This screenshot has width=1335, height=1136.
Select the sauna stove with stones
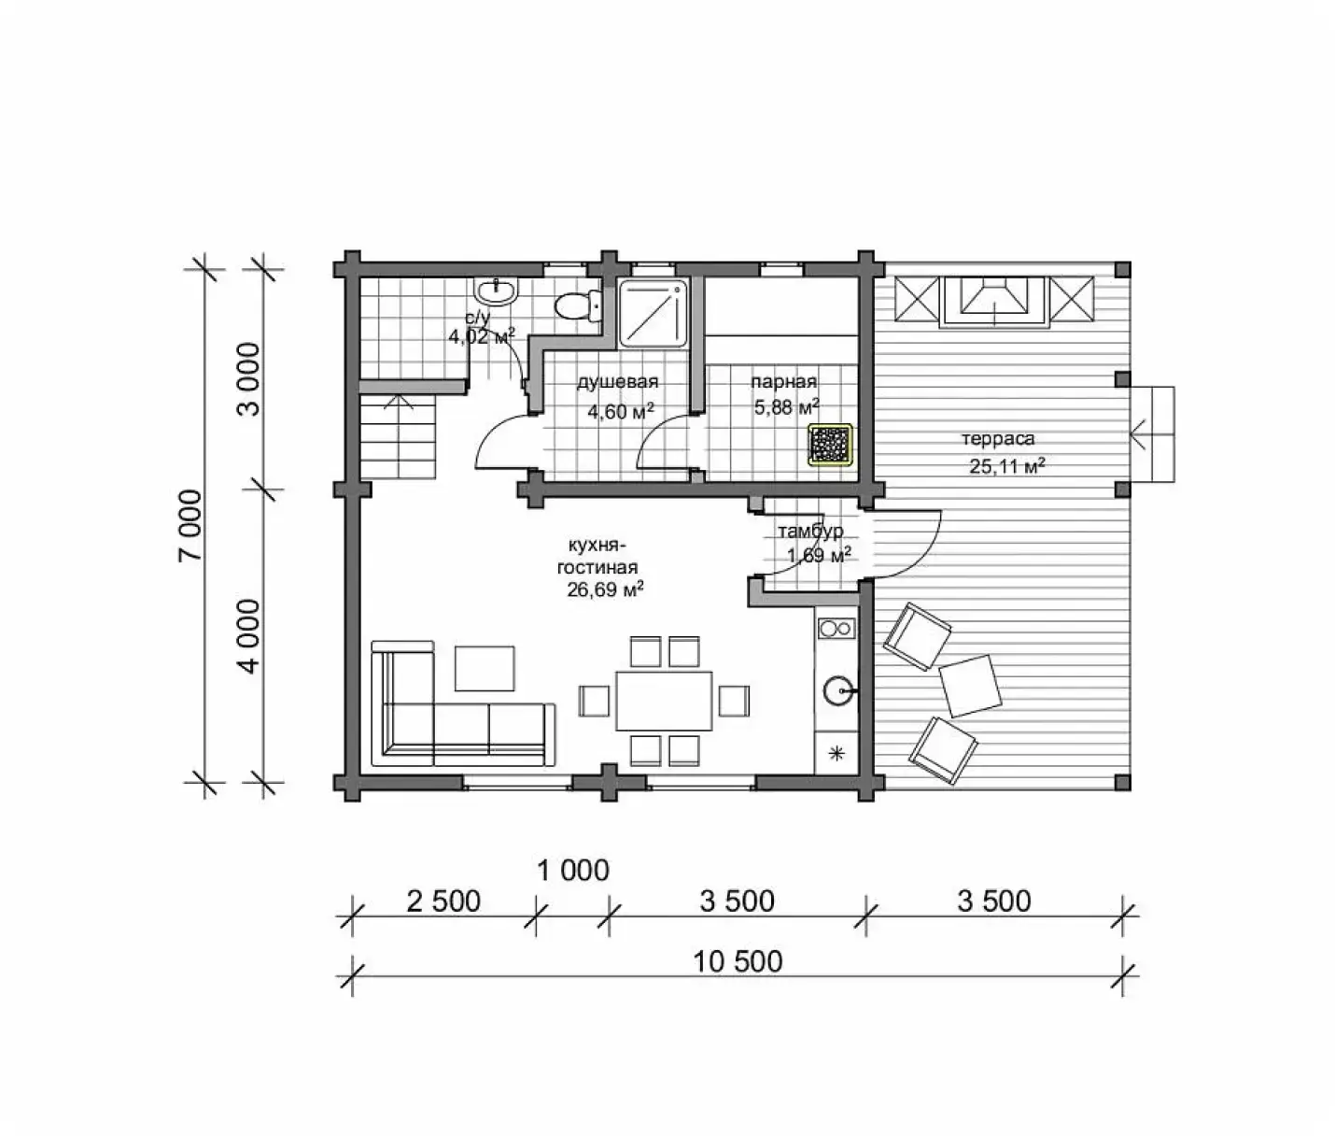click(x=831, y=445)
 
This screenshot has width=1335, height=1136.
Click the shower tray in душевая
click(x=653, y=313)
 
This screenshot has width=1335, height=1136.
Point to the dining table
click(x=664, y=700)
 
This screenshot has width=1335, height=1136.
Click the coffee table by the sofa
click(x=485, y=668)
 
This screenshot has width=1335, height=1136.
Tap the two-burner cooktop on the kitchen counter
click(x=836, y=628)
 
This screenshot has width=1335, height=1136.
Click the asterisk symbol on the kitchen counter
click(x=836, y=753)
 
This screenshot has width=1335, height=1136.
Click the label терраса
click(x=998, y=439)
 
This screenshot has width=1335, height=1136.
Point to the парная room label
click(x=783, y=382)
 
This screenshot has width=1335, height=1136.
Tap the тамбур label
click(x=810, y=532)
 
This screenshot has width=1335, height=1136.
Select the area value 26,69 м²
click(x=605, y=589)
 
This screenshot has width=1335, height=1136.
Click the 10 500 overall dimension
click(x=738, y=961)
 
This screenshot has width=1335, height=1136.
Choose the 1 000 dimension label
click(x=573, y=871)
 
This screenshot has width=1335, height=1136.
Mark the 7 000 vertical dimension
click(x=191, y=526)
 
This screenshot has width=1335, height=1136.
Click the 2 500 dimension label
click(x=443, y=902)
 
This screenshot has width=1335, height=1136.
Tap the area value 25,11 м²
click(x=1007, y=465)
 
